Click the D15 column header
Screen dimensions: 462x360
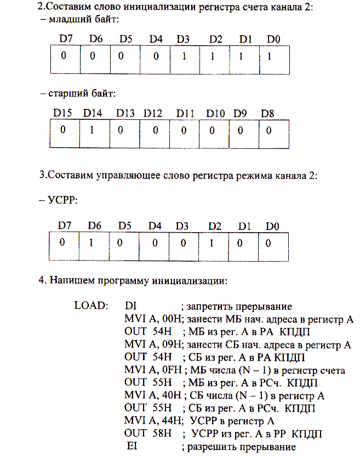(x=62, y=113)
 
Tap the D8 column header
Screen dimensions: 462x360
(x=268, y=113)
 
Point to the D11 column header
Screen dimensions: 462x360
(x=185, y=113)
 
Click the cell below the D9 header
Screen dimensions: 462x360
(x=239, y=130)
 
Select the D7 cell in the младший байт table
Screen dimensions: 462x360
(x=64, y=56)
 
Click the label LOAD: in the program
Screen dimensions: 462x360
(x=91, y=306)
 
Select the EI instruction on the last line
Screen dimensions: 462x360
(x=132, y=447)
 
